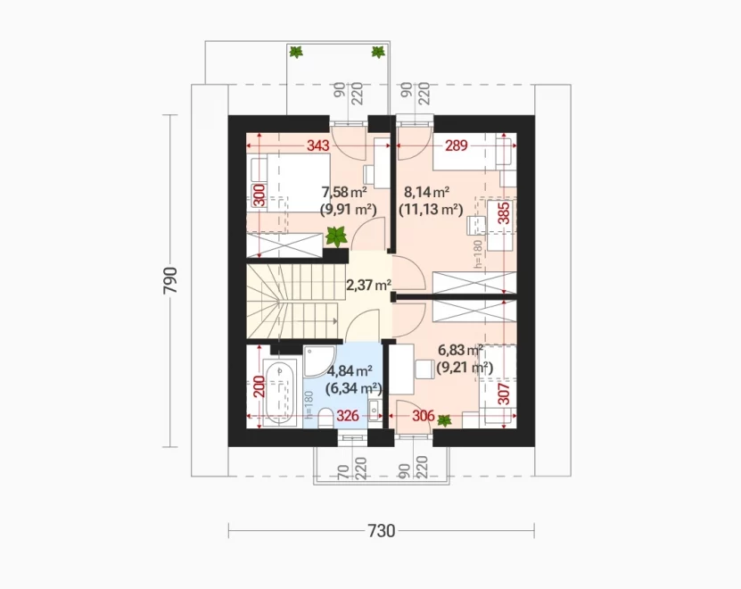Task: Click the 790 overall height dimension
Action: tap(170, 280)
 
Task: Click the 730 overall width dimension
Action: tap(382, 531)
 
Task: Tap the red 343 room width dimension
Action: tap(318, 145)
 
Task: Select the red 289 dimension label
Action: tap(456, 145)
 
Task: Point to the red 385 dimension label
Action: tap(504, 213)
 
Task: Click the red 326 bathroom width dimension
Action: tap(348, 417)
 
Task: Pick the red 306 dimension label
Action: tap(424, 417)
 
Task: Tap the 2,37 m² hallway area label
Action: tap(368, 286)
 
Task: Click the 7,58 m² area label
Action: tap(344, 192)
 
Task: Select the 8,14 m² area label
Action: tap(426, 192)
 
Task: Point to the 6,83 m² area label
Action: tap(460, 351)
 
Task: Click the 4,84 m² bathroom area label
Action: tap(350, 369)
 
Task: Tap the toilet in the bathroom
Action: tap(325, 419)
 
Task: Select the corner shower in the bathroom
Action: tap(319, 361)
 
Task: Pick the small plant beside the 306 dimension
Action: tap(444, 419)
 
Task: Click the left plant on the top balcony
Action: tap(296, 52)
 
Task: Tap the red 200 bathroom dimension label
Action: tap(259, 387)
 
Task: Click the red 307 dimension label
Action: tap(504, 394)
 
